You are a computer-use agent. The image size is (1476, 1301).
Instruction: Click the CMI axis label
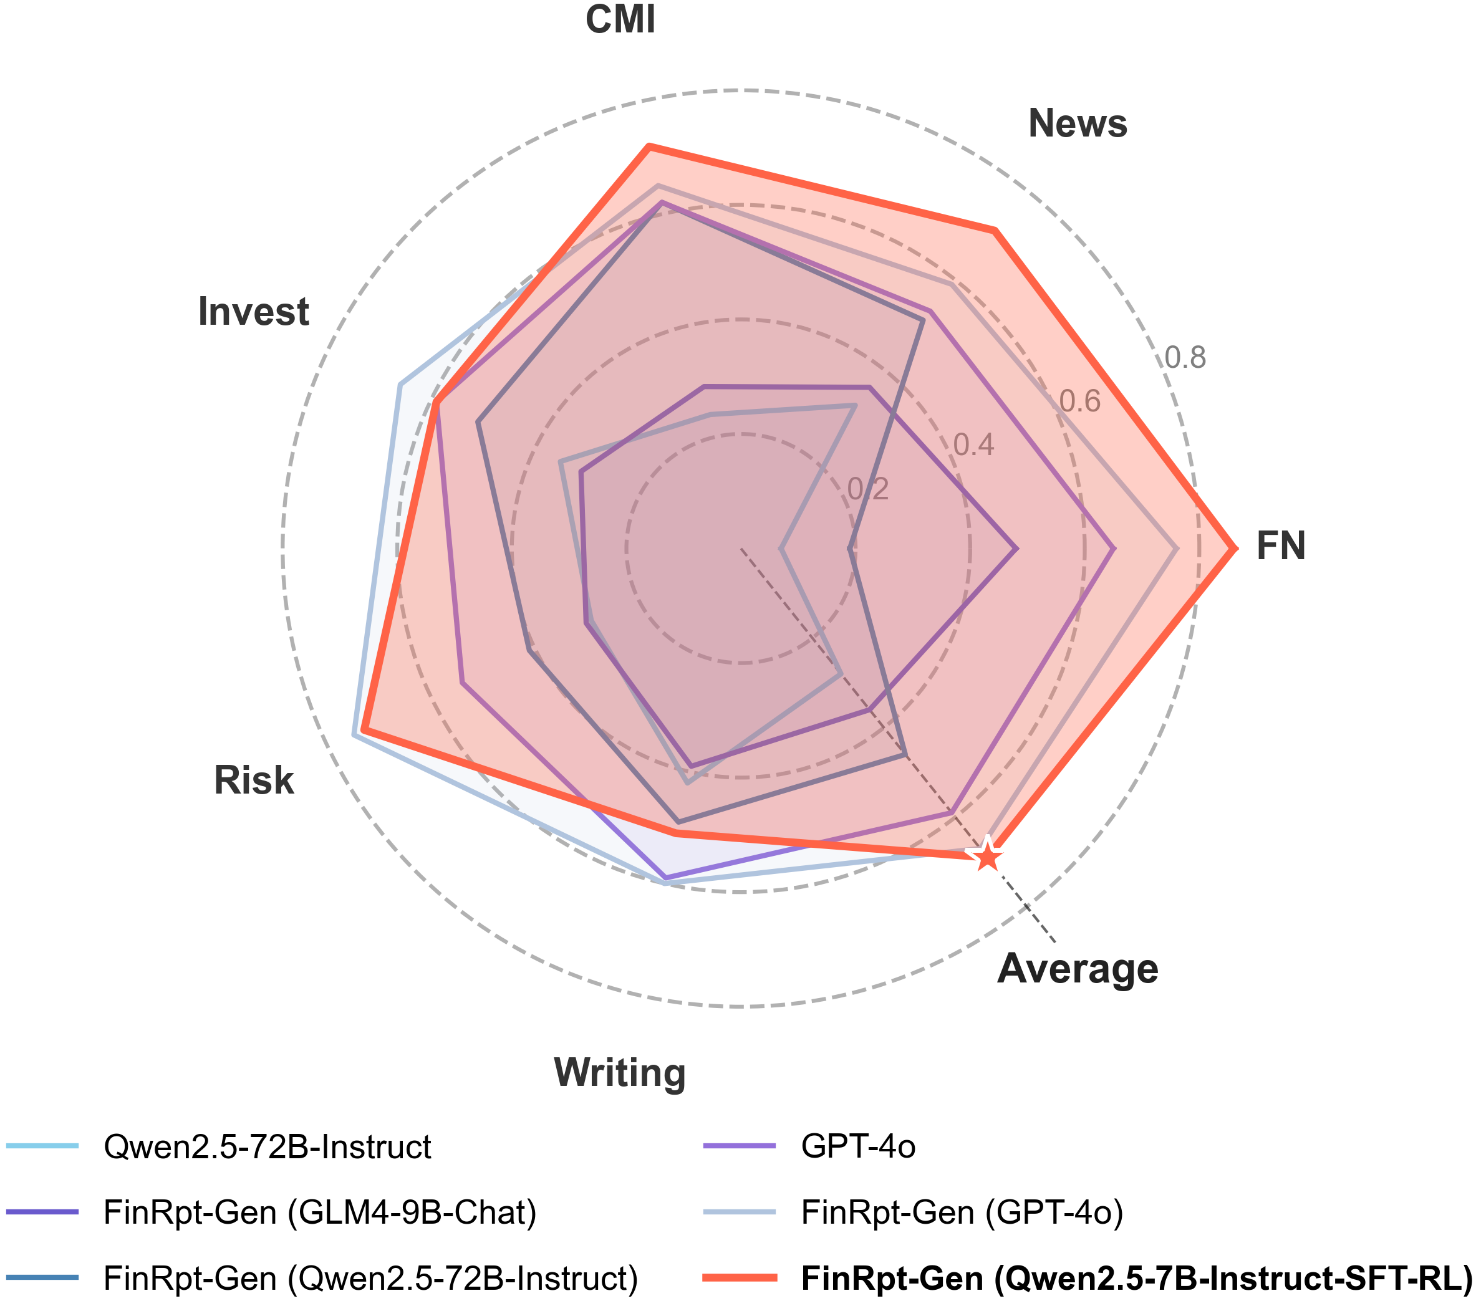pos(620,19)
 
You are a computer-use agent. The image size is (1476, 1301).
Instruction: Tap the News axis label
pos(1078,123)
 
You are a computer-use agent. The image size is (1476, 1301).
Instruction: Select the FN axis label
pos(1281,546)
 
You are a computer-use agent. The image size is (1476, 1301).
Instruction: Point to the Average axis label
pos(1078,969)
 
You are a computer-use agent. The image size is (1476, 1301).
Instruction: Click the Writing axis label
pos(620,1073)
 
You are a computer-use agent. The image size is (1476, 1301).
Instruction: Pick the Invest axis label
pos(253,312)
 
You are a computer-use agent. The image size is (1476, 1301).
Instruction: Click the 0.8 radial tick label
pos(1185,357)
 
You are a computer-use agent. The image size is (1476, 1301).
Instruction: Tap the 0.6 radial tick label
pos(1079,401)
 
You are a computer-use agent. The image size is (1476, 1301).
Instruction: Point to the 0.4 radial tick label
pos(973,446)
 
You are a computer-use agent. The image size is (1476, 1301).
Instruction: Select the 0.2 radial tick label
pos(868,489)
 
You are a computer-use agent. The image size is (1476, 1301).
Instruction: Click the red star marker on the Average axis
pos(987,858)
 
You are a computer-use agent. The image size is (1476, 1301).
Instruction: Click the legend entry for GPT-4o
pos(858,1146)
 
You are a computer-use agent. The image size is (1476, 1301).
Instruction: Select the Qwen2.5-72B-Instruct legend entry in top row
pos(267,1146)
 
